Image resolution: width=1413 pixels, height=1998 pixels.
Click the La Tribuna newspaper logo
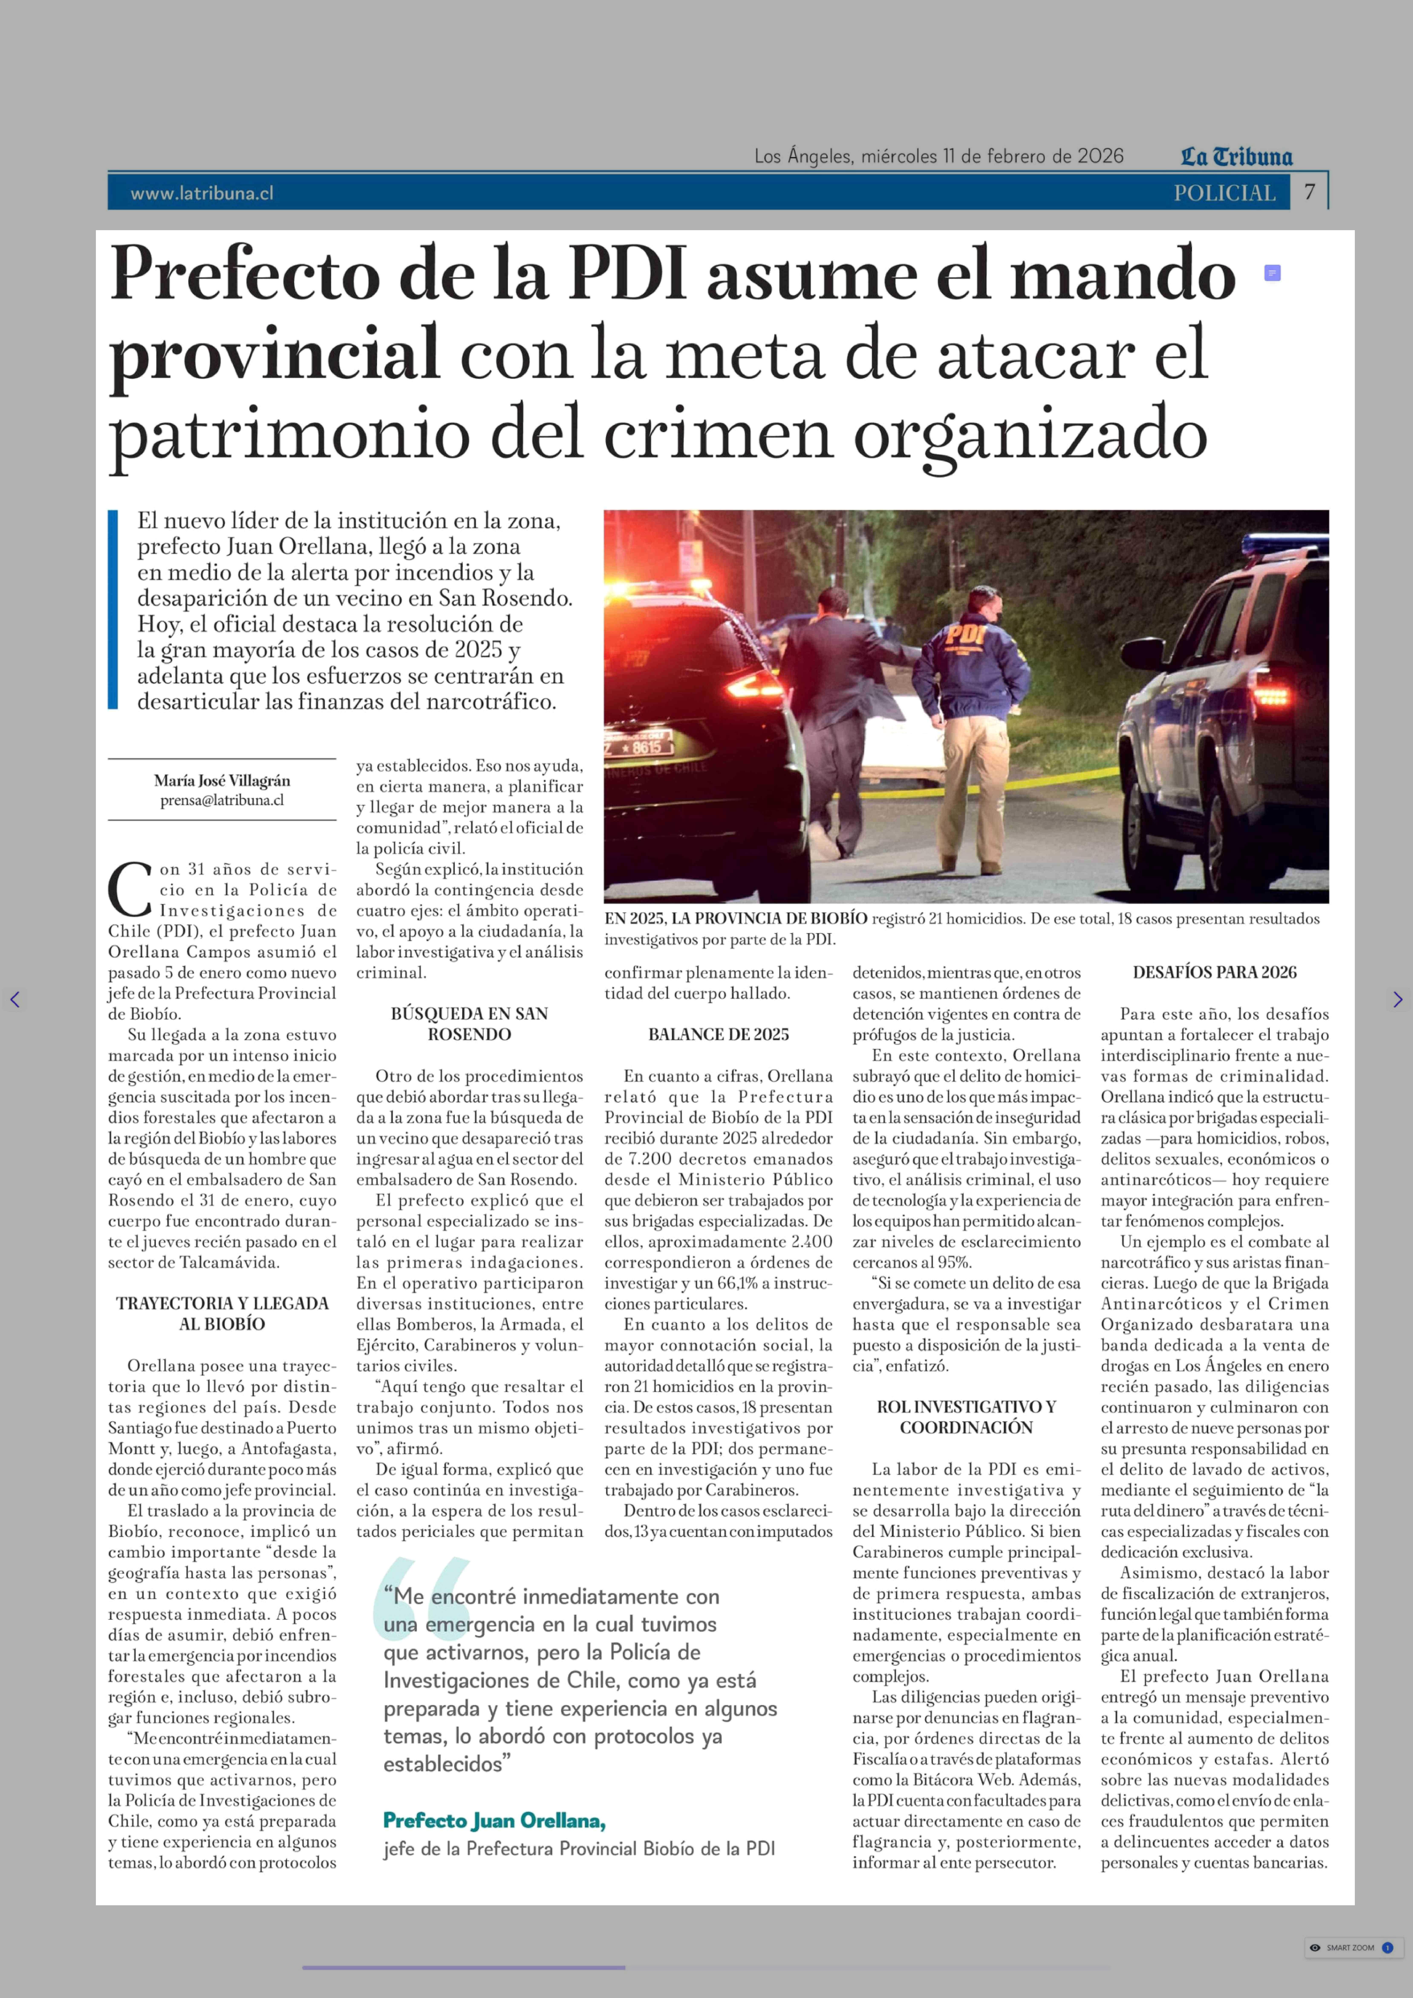pyautogui.click(x=1236, y=157)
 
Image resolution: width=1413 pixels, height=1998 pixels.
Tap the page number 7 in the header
pyautogui.click(x=1309, y=191)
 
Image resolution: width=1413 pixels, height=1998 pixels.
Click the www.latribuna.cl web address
pyautogui.click(x=202, y=193)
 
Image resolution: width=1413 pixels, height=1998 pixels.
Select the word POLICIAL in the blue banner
pyautogui.click(x=1224, y=193)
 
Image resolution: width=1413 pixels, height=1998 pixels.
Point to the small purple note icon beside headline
pyautogui.click(x=1272, y=273)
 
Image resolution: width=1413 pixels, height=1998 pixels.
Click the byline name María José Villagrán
pyautogui.click(x=222, y=781)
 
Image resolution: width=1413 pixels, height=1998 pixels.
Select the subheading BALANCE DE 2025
pyautogui.click(x=719, y=1034)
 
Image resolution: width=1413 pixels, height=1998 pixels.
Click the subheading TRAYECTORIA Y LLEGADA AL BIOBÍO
pyautogui.click(x=222, y=1313)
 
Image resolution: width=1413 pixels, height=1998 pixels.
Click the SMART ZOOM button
pyautogui.click(x=1350, y=1947)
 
